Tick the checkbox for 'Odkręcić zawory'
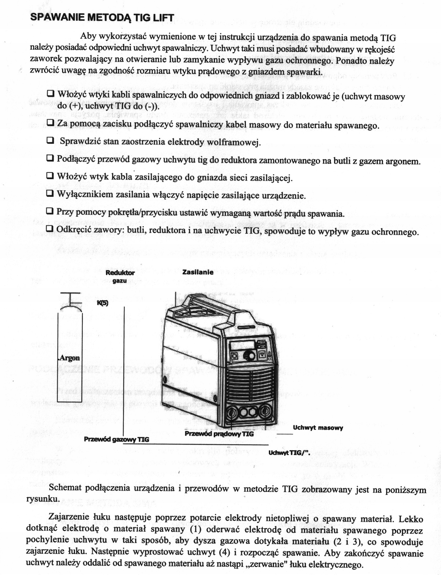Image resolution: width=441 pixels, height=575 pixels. pyautogui.click(x=50, y=229)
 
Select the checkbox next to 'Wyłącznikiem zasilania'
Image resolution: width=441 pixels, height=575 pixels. pyautogui.click(x=50, y=193)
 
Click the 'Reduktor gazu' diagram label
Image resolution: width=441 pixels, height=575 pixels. pyautogui.click(x=120, y=276)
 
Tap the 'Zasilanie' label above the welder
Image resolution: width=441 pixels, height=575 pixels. pyautogui.click(x=198, y=272)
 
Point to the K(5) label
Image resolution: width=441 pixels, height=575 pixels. pyautogui.click(x=103, y=303)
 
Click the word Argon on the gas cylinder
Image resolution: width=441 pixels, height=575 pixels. pyautogui.click(x=69, y=358)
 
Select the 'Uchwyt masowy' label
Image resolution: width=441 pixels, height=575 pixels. pyautogui.click(x=318, y=428)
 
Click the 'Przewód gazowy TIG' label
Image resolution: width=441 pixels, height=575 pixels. pyautogui.click(x=116, y=439)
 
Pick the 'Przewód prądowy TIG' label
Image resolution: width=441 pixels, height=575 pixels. pyautogui.click(x=219, y=434)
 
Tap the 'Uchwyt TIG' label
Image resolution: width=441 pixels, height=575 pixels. pyautogui.click(x=289, y=453)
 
